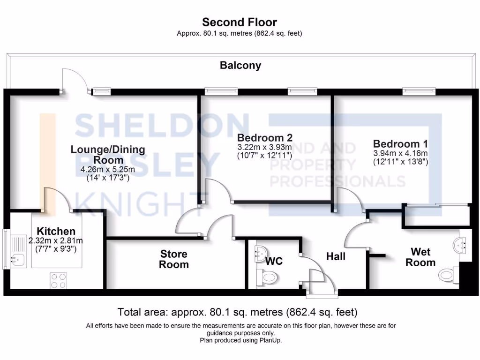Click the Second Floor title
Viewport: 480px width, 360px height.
click(x=240, y=22)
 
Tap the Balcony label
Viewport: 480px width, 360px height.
click(x=240, y=66)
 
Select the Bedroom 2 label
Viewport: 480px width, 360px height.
click(x=265, y=138)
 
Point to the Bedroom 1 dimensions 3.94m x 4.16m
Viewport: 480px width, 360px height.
click(x=400, y=153)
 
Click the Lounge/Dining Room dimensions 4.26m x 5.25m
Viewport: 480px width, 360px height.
click(x=108, y=169)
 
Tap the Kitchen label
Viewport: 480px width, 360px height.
click(x=56, y=231)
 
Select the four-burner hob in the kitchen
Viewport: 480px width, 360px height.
click(x=59, y=280)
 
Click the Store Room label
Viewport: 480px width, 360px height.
click(x=174, y=259)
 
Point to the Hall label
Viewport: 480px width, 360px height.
click(x=336, y=256)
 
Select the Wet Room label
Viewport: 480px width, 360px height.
click(x=420, y=257)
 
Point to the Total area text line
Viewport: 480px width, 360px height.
click(x=238, y=312)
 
